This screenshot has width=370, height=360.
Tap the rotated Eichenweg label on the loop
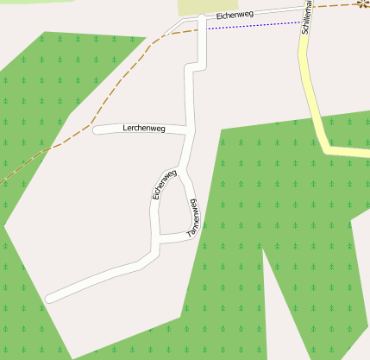click(164, 185)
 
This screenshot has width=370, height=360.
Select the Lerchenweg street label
click(144, 128)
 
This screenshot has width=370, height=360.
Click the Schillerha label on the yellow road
click(308, 19)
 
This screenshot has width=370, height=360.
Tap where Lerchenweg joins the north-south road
click(189, 131)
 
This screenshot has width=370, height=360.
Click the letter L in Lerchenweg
click(126, 127)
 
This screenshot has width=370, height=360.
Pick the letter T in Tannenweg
click(191, 234)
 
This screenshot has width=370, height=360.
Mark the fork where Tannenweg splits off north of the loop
click(184, 169)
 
